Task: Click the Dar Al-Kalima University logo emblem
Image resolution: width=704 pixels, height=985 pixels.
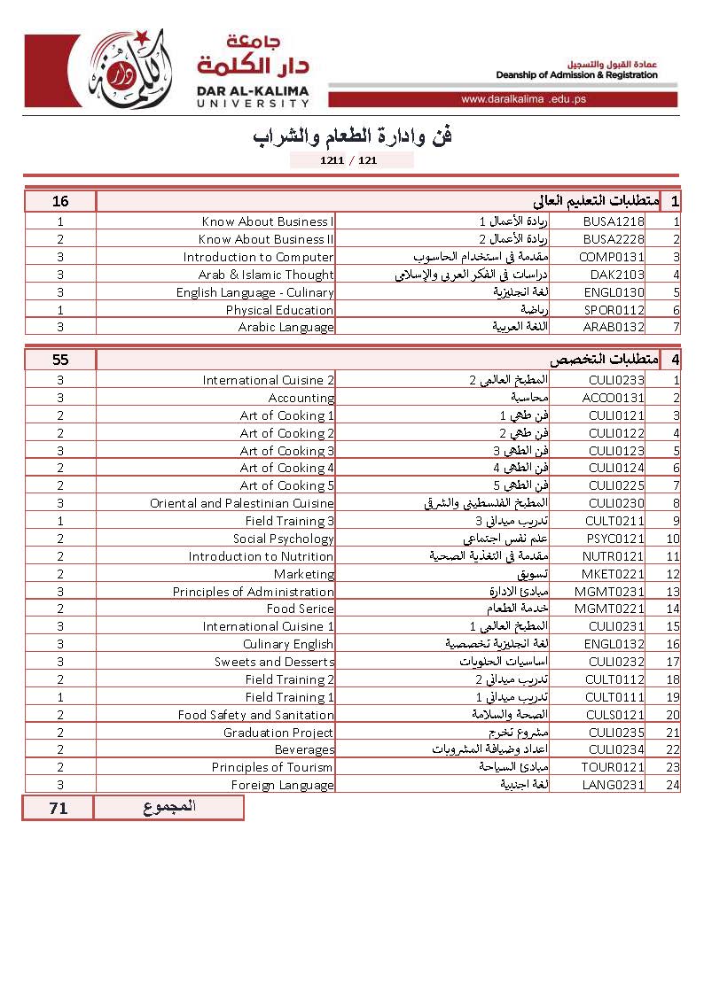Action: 129,70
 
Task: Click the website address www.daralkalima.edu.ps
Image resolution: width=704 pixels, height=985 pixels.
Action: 523,99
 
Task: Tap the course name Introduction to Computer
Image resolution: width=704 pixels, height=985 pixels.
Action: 258,257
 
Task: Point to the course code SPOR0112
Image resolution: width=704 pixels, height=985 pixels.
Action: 614,310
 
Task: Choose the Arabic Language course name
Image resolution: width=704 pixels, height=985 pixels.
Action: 286,327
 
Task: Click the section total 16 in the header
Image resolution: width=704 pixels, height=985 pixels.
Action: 60,201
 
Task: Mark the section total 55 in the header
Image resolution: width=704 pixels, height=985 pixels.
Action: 60,360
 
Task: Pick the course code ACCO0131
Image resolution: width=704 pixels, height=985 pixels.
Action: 614,398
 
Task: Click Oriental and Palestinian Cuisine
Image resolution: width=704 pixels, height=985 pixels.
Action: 241,503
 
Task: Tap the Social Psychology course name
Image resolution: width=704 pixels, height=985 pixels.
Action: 283,539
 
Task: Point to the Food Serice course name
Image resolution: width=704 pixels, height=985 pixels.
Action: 300,609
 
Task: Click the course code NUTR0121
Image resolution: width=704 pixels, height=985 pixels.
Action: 614,556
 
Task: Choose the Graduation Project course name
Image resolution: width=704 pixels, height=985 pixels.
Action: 278,733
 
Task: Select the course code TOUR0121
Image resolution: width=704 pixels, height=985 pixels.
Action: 613,767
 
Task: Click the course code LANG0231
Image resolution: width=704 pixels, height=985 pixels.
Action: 613,785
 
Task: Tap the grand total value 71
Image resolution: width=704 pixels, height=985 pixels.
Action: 59,808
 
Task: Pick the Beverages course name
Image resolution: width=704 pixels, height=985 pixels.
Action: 304,749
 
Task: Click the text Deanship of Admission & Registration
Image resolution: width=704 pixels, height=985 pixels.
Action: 576,75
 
